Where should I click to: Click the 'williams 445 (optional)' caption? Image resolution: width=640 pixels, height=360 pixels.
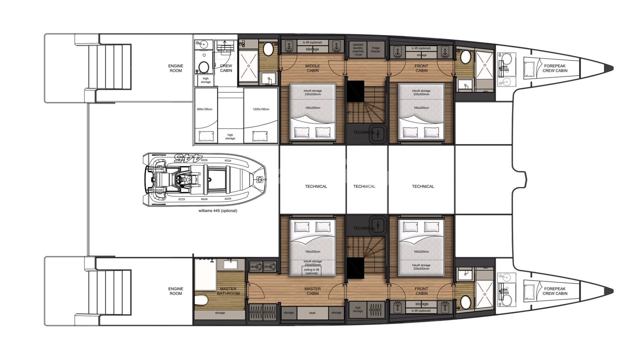coord(218,211)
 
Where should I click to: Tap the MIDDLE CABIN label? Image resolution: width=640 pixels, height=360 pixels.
coord(312,68)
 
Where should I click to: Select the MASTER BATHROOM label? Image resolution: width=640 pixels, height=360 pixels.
coord(228,291)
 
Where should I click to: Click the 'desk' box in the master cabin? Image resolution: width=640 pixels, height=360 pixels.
coord(312,313)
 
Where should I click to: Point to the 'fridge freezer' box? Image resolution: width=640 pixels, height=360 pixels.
coord(376,50)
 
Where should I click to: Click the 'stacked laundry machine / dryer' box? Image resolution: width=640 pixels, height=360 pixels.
coord(358,50)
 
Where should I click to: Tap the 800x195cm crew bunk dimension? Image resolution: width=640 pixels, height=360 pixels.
coord(204,109)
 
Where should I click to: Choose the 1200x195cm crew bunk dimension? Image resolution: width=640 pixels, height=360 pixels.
coord(261,109)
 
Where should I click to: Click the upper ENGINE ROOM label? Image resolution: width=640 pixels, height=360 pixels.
coord(176,68)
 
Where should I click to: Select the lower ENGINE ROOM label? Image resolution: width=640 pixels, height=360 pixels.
coord(176,291)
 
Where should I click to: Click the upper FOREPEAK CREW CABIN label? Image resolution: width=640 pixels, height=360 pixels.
coord(555,68)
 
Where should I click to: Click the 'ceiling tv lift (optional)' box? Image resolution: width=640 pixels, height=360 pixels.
coord(311,271)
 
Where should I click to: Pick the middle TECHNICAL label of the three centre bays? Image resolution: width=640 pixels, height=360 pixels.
coord(364,187)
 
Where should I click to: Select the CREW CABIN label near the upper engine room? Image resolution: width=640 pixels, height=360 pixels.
coord(226,68)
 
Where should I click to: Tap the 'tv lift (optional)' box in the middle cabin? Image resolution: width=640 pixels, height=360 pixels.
coord(312,43)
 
